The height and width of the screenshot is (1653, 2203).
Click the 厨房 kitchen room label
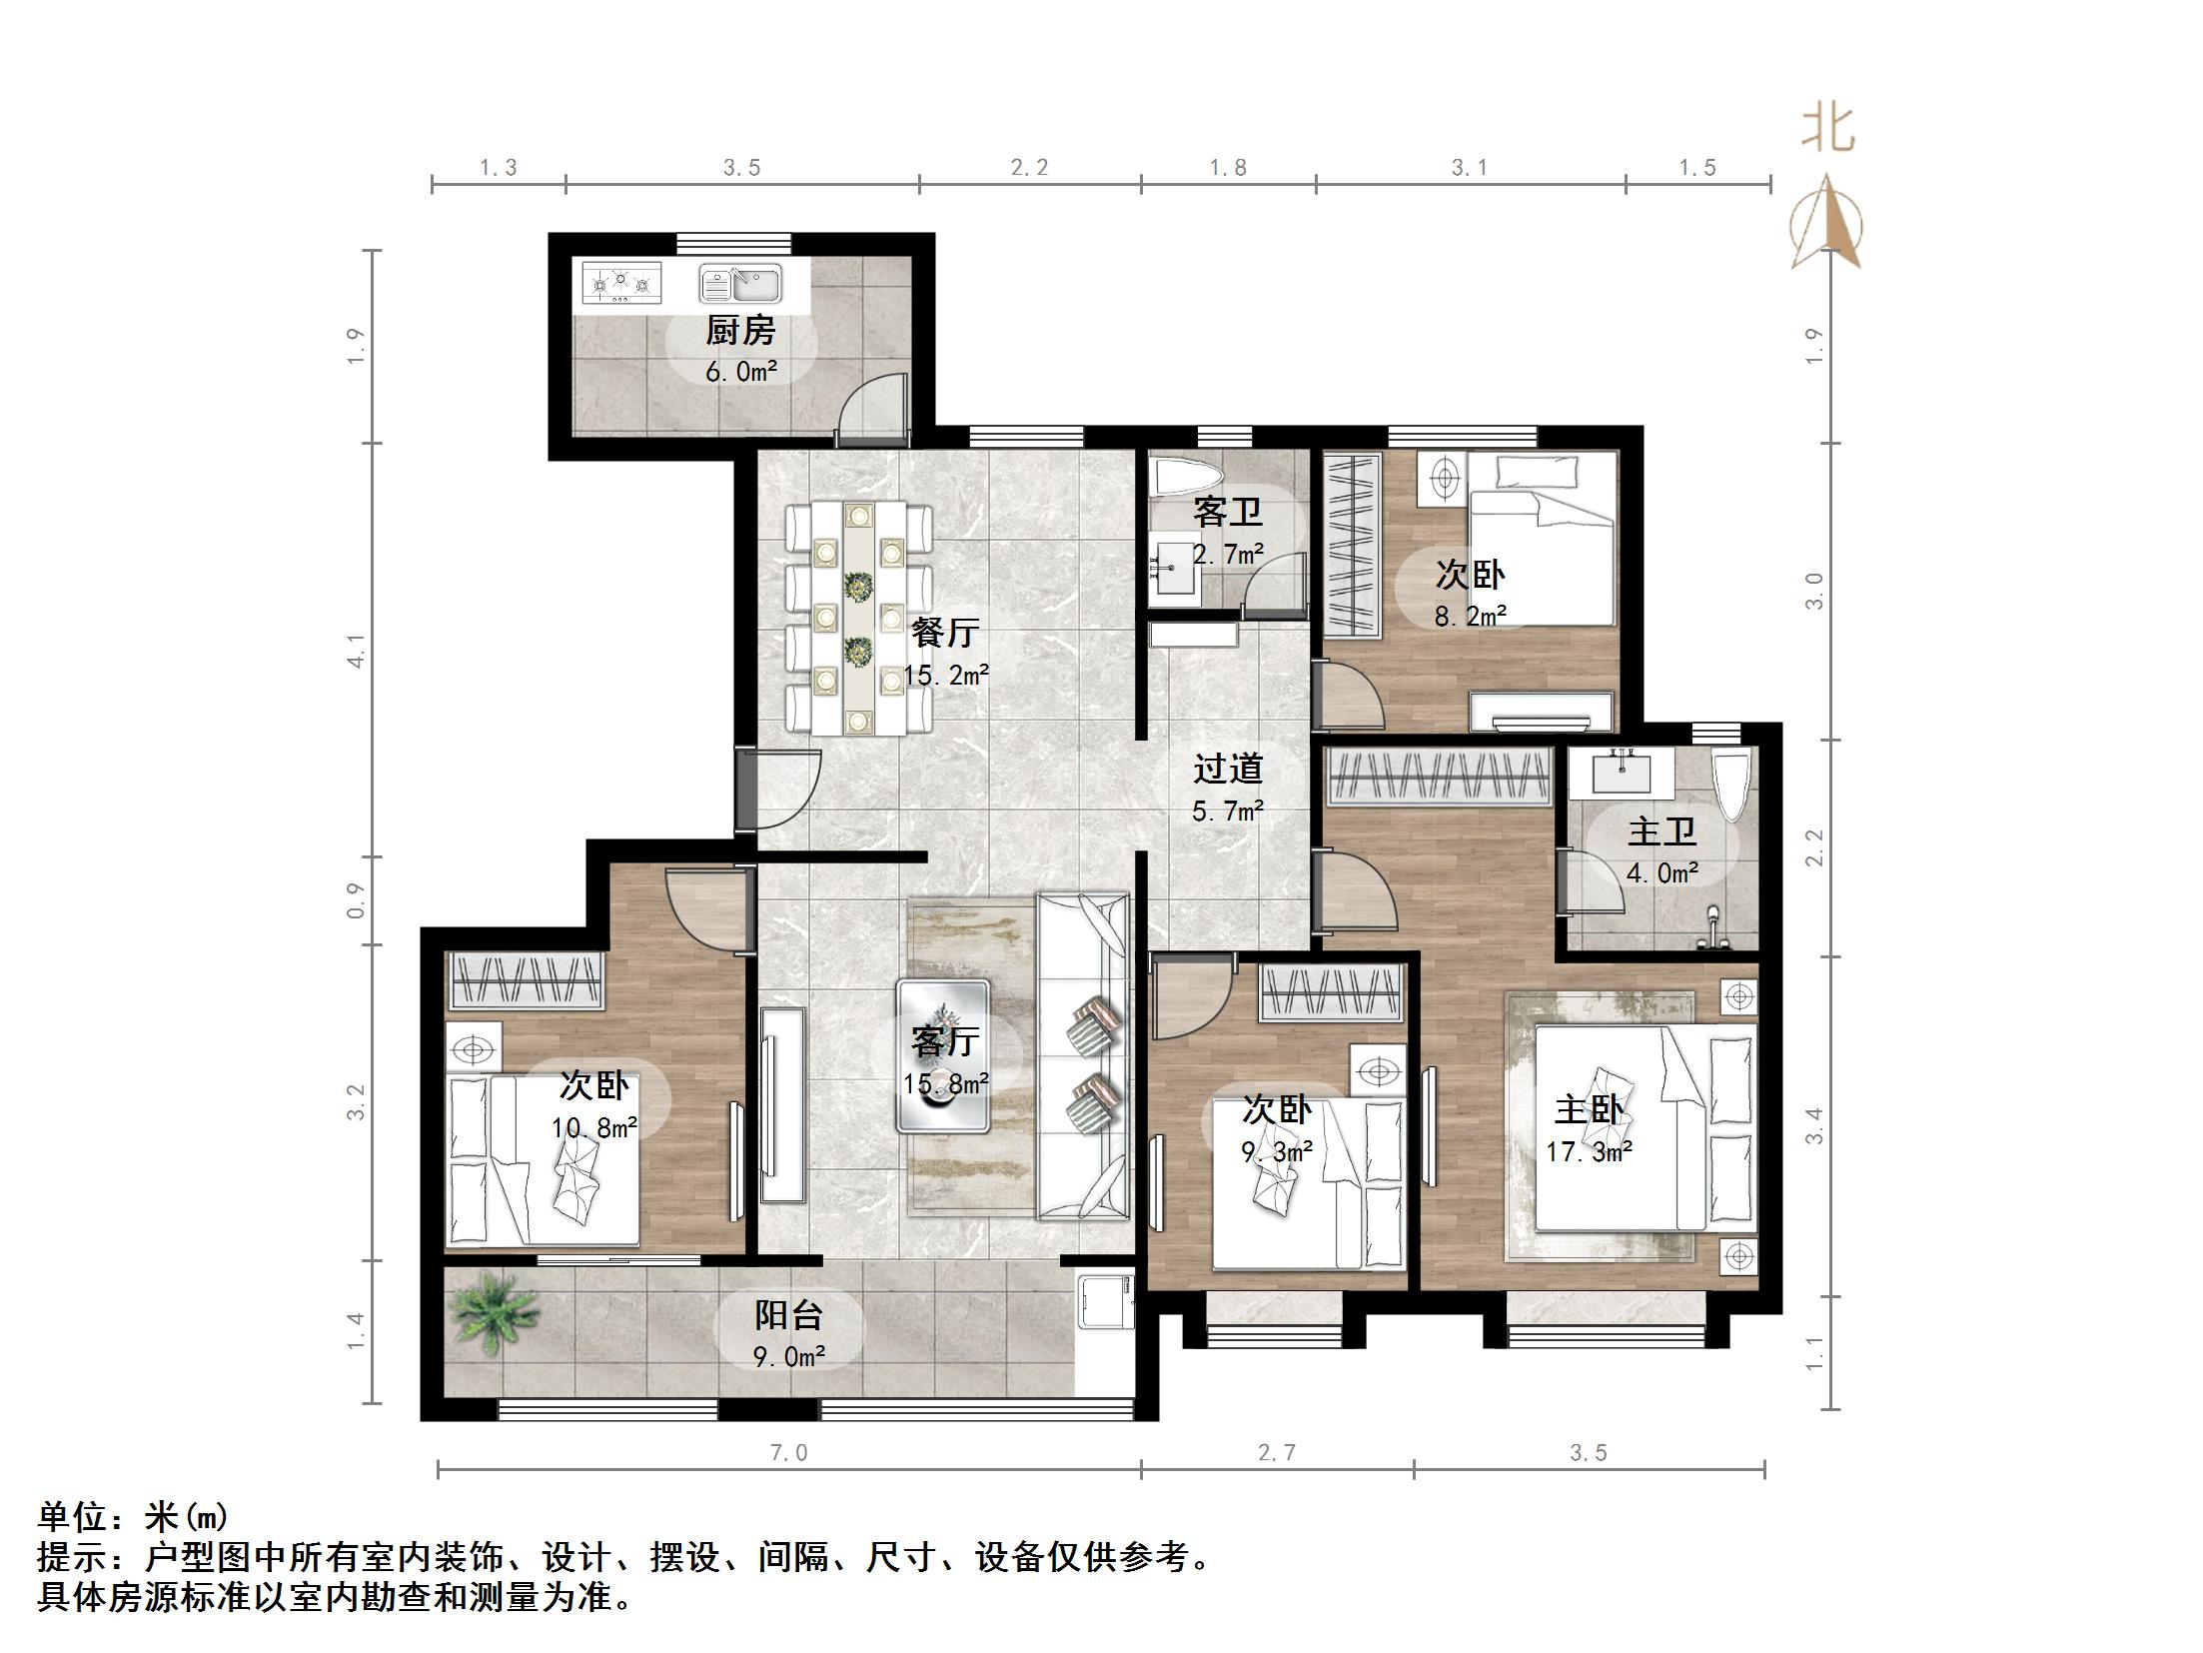(740, 331)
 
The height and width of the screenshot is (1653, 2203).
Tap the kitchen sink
(740, 284)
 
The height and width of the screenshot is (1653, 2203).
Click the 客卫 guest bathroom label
(1228, 513)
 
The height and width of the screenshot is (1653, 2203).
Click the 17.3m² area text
(1589, 1152)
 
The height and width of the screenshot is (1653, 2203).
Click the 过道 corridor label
(1228, 769)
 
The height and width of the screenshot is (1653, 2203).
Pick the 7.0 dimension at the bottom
(788, 1452)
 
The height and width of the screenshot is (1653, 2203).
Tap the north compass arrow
(1827, 222)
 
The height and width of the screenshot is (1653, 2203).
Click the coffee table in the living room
(943, 1056)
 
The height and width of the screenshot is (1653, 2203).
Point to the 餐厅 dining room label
(944, 634)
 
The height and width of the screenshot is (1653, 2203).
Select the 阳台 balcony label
(788, 1315)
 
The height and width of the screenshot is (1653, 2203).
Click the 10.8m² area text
(594, 1128)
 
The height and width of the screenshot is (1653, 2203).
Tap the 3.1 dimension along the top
(1470, 168)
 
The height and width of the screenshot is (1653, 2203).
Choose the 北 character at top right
(1828, 131)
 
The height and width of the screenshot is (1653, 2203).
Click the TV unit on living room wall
(782, 1104)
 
